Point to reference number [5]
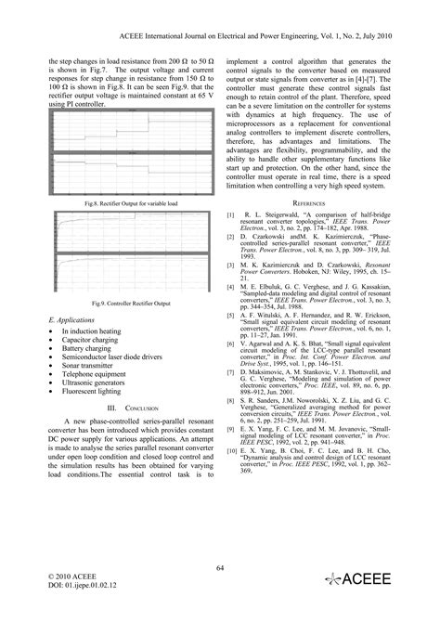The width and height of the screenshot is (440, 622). click(x=230, y=314)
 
